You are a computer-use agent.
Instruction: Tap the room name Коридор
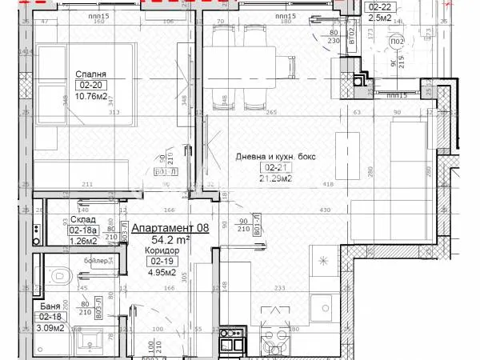163,250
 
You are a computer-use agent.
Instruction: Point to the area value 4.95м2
163,272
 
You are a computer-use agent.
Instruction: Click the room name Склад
62,219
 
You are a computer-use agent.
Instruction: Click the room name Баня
50,306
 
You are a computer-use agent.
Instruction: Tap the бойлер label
98,261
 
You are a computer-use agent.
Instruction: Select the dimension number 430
326,210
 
